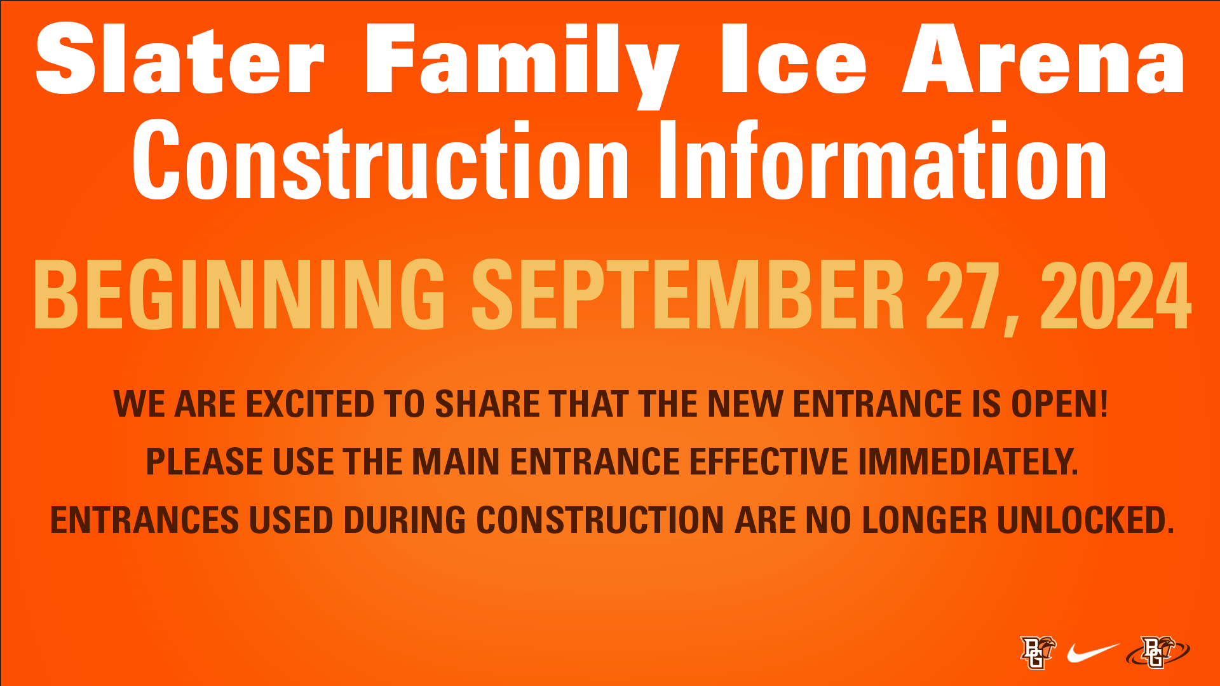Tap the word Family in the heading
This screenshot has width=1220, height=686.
[523, 65]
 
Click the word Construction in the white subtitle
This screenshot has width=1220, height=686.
[380, 159]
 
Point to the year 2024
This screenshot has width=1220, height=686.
[1116, 295]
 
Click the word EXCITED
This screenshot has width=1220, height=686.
[310, 404]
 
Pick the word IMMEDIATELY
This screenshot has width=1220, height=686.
[968, 462]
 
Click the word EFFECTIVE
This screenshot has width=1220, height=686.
[769, 462]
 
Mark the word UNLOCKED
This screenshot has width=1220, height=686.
[1085, 520]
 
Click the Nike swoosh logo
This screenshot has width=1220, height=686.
[1093, 652]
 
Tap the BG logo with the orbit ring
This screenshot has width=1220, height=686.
[1158, 652]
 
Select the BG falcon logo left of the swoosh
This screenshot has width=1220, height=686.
[1038, 652]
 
